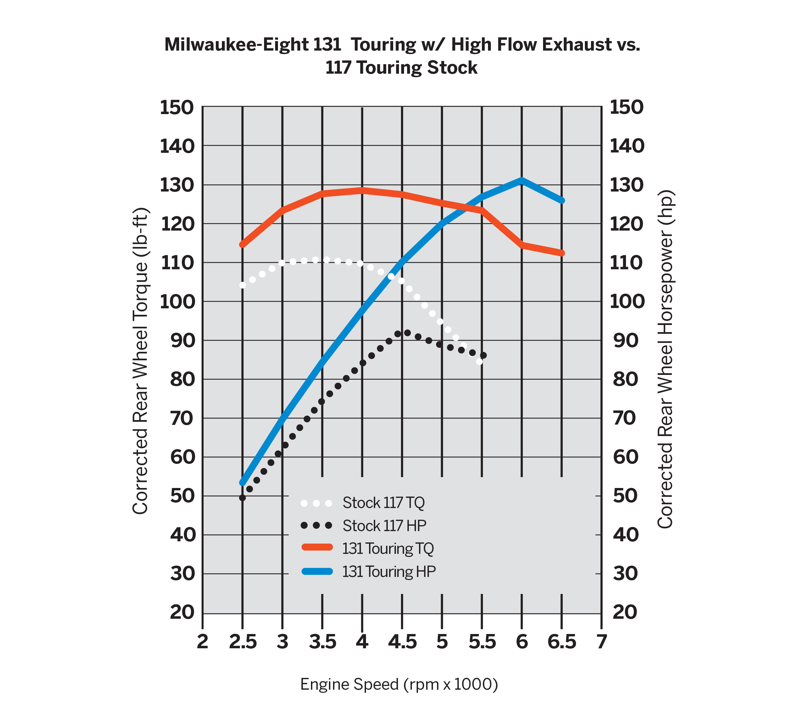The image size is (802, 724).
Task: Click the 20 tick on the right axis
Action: (x=625, y=612)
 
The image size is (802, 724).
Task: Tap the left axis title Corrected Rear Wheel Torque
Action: (x=140, y=361)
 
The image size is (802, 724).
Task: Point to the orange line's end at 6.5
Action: (x=562, y=253)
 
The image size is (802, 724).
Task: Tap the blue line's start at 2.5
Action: (x=242, y=483)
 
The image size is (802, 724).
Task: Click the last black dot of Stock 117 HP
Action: (x=483, y=356)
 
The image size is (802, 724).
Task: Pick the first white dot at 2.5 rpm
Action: (x=243, y=285)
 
